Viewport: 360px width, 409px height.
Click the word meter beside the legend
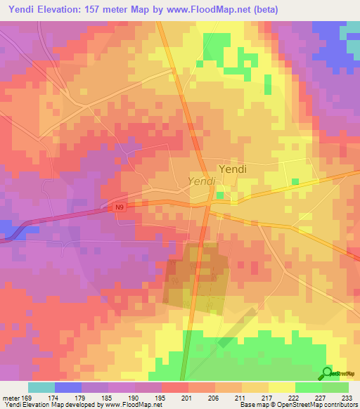(x=11, y=397)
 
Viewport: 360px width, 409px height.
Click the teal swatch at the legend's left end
(x=41, y=387)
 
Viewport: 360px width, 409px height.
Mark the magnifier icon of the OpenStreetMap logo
(x=326, y=373)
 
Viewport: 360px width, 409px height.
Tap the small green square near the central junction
(x=220, y=195)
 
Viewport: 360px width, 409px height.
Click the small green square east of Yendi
(x=295, y=182)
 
